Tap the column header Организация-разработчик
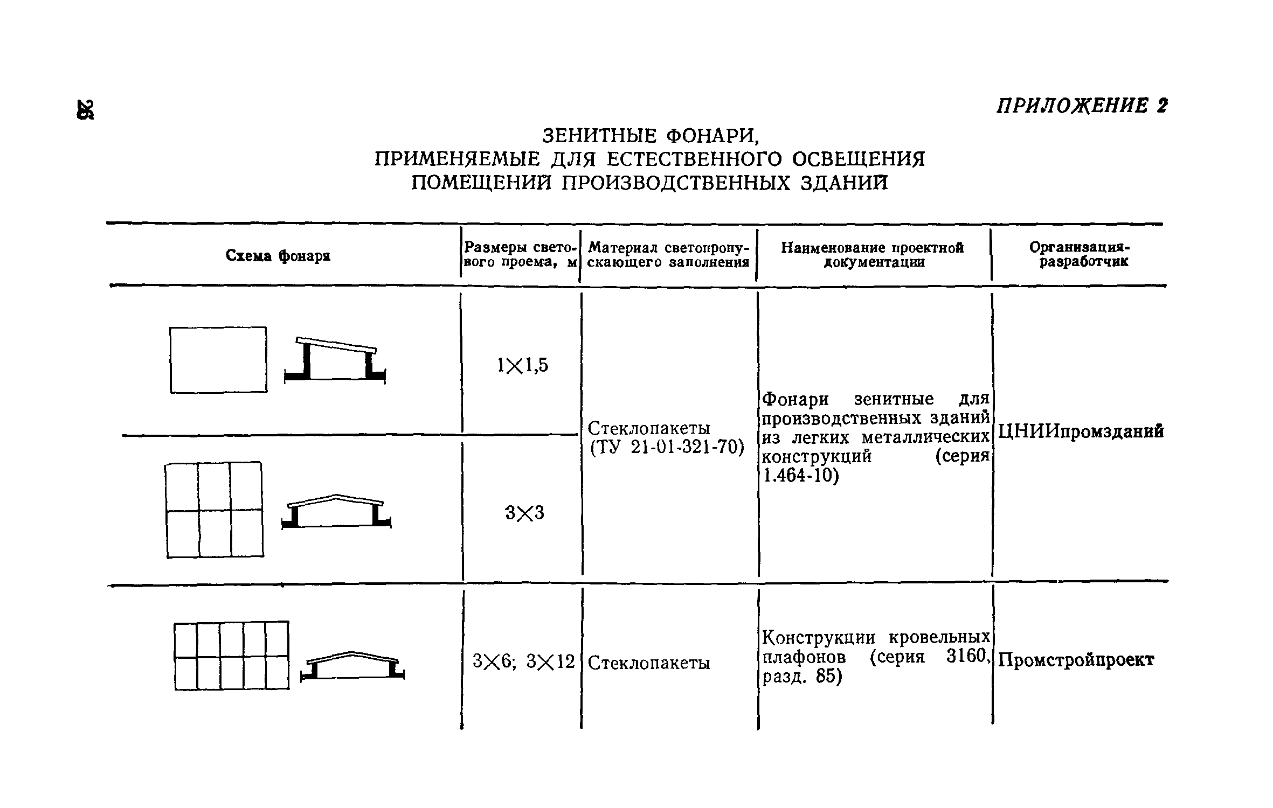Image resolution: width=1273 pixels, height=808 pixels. pos(1080,254)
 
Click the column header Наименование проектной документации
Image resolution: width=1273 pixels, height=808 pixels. pos(873,255)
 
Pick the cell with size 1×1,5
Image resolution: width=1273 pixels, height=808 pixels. pos(522,366)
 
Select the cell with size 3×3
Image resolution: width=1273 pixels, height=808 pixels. pos(524,513)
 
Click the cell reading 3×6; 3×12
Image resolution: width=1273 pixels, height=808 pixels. pos(523,661)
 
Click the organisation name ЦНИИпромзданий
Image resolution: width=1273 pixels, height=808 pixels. pos(1081,431)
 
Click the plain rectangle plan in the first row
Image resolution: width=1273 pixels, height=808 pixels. pos(218,360)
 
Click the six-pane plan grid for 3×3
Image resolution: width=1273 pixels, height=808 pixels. pos(215,510)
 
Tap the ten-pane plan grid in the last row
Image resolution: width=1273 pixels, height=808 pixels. pos(232,655)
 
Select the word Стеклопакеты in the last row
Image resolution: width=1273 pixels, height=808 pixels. pos(649,663)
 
